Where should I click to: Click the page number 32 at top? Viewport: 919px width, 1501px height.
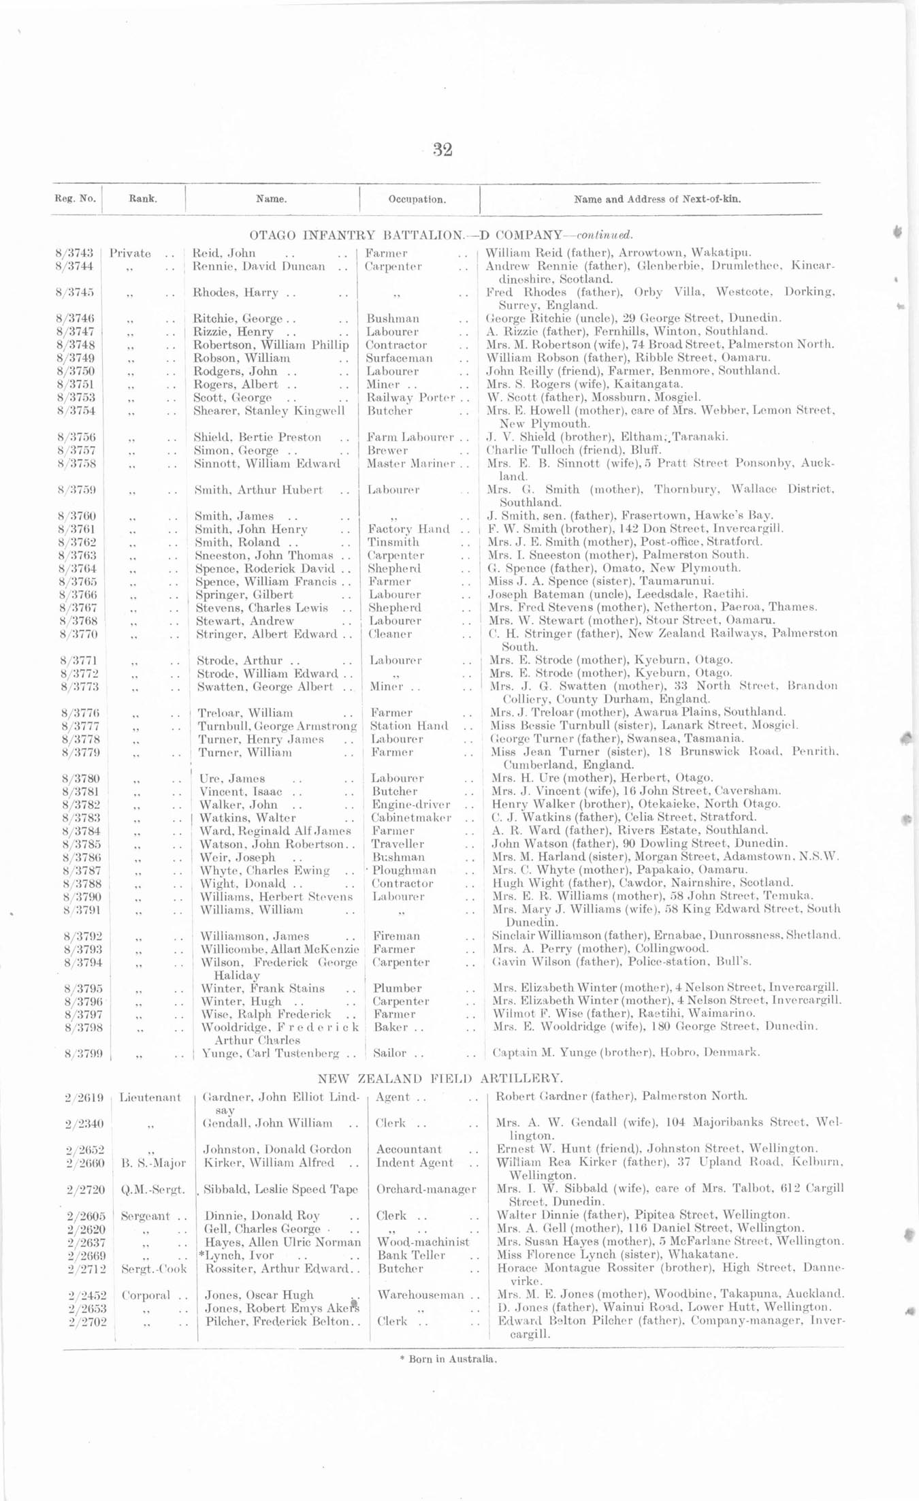tap(442, 150)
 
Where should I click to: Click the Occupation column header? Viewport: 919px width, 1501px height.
tap(417, 199)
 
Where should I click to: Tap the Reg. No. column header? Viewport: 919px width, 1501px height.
tap(75, 199)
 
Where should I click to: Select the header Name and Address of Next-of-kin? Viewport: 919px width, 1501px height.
tap(657, 199)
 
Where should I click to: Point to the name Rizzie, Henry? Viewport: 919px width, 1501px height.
tap(233, 332)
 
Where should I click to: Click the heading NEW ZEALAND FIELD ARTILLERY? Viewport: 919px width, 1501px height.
tap(440, 1078)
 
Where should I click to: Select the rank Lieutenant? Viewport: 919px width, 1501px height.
tap(150, 1097)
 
